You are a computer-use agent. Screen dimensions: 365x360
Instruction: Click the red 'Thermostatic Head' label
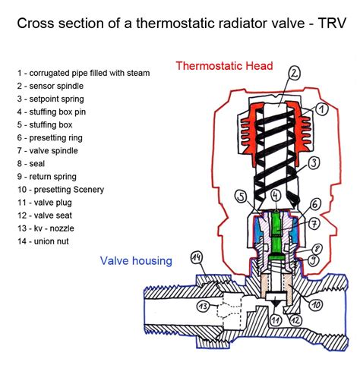point(224,66)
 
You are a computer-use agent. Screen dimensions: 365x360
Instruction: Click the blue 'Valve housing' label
point(136,261)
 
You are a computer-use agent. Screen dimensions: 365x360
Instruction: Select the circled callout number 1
point(321,111)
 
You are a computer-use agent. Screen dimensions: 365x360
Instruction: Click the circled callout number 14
point(197,259)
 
